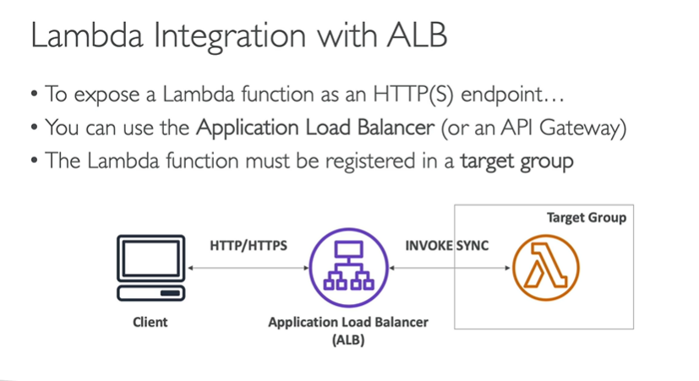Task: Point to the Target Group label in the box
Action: pyautogui.click(x=586, y=218)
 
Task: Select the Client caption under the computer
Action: pyautogui.click(x=150, y=322)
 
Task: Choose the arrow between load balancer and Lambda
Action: pyautogui.click(x=449, y=269)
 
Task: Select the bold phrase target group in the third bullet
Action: pyautogui.click(x=516, y=161)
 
